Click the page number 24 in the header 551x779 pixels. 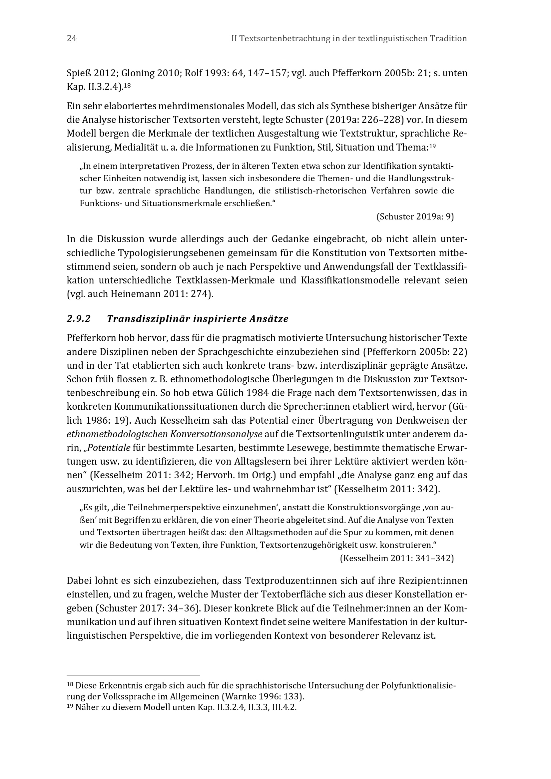coord(72,39)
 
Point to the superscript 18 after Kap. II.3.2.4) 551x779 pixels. coord(127,86)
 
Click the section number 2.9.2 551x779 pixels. coord(79,319)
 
